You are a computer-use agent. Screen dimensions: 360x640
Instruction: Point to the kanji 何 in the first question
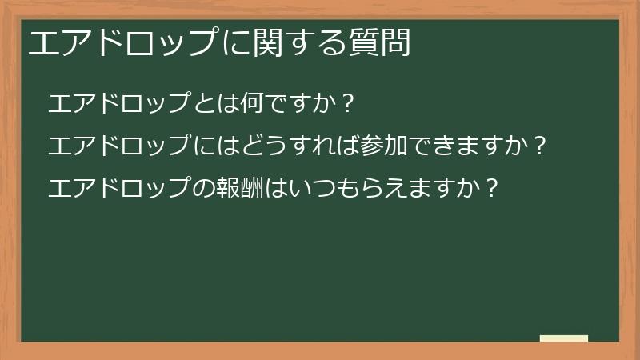pos(250,104)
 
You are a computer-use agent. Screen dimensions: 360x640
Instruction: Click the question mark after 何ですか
pos(347,104)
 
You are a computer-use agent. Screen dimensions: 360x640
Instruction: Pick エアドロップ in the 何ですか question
pos(120,104)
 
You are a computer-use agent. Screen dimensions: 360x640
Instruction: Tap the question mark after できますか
pos(540,146)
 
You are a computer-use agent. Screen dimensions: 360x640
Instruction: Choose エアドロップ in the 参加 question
pos(120,146)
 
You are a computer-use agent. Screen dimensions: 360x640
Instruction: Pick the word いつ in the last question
pos(318,189)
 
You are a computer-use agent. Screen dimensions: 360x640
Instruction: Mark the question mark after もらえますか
pos(492,189)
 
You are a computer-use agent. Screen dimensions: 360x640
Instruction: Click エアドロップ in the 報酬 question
pos(120,189)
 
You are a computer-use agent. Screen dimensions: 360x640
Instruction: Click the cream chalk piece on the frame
pos(564,338)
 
